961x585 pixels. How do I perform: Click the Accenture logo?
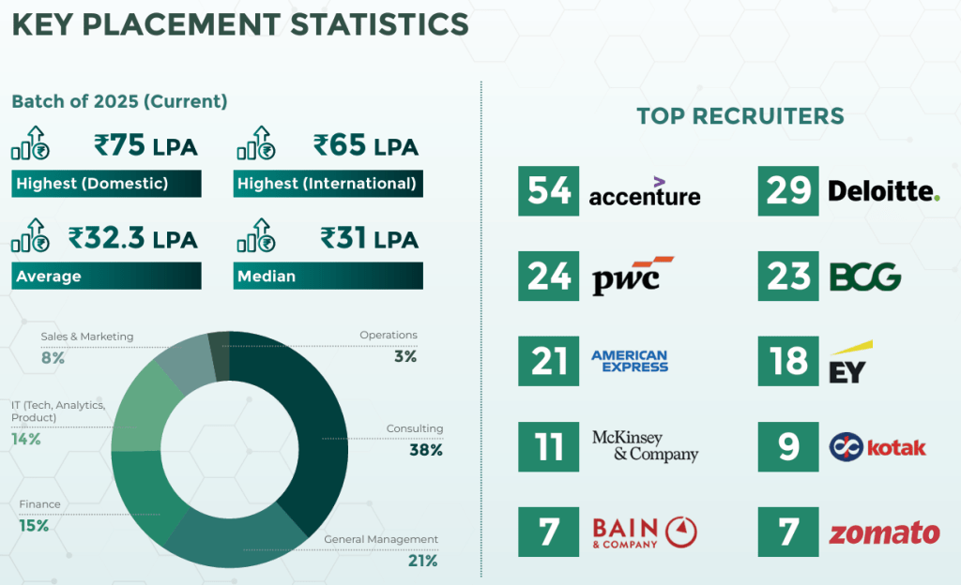pyautogui.click(x=645, y=191)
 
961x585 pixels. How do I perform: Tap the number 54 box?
pyautogui.click(x=549, y=191)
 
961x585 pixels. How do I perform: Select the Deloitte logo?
pyautogui.click(x=883, y=191)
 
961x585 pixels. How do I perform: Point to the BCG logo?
pyautogui.click(x=865, y=277)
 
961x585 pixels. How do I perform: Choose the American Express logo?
pyautogui.click(x=629, y=361)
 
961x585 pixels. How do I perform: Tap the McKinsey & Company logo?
pyautogui.click(x=645, y=446)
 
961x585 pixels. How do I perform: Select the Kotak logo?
pyautogui.click(x=877, y=447)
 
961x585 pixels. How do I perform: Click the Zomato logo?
pyautogui.click(x=883, y=532)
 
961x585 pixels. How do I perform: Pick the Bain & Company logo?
pyautogui.click(x=644, y=532)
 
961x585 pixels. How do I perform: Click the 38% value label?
pyautogui.click(x=425, y=450)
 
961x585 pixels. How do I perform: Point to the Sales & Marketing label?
pyautogui.click(x=86, y=337)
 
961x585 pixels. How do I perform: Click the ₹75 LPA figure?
pyautogui.click(x=145, y=146)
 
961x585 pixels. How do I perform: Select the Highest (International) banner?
pyautogui.click(x=327, y=184)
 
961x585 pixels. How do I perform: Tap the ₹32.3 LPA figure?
pyautogui.click(x=132, y=238)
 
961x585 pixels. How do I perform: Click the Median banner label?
pyautogui.click(x=267, y=276)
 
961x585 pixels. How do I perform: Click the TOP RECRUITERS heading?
pyautogui.click(x=740, y=116)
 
